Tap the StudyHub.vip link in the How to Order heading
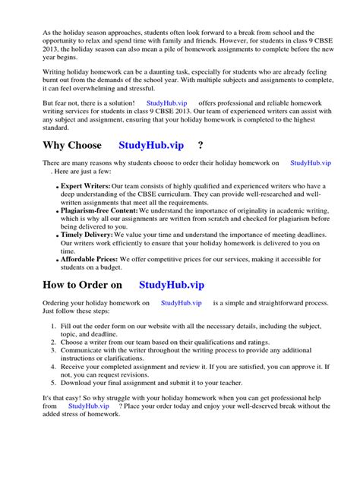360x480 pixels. pyautogui.click(x=172, y=285)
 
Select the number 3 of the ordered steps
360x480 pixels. pyautogui.click(x=54, y=352)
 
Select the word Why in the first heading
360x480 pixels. pyautogui.click(x=36, y=145)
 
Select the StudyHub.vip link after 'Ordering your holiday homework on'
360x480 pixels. pyautogui.click(x=181, y=302)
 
